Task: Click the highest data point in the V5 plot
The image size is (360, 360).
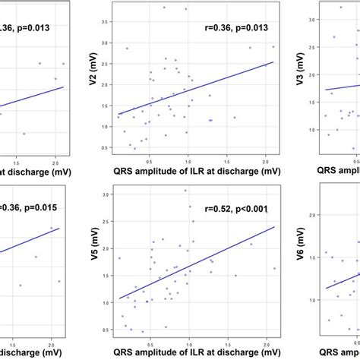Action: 185,191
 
